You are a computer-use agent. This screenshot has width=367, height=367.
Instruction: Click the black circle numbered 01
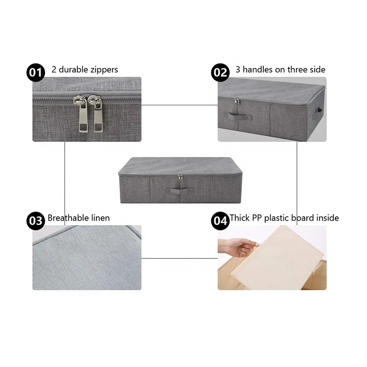[x=36, y=73]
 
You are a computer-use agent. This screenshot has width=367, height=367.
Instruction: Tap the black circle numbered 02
[x=220, y=73]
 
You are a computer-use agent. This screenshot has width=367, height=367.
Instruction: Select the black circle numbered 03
[x=36, y=221]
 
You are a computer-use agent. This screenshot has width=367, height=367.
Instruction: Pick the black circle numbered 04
[x=220, y=221]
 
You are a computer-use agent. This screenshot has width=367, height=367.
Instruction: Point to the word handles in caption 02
[x=257, y=70]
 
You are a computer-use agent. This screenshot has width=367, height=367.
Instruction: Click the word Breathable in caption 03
[x=69, y=218]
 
